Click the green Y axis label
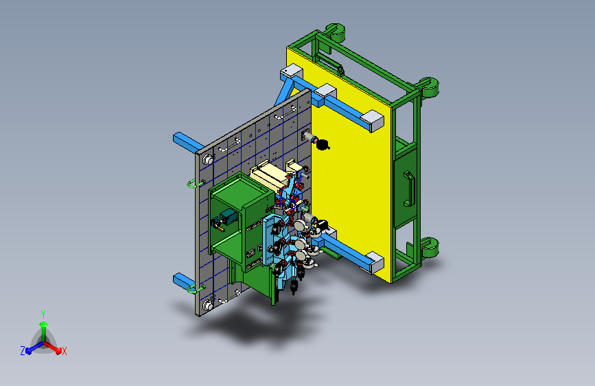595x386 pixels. pos(43,315)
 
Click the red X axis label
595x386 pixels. pos(64,352)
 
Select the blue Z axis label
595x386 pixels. pos(23,351)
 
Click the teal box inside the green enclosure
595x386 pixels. pos(229,217)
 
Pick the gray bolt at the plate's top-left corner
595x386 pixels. pos(208,159)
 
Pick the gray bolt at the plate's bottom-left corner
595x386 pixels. pos(207,305)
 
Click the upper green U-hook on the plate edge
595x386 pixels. pos(196,184)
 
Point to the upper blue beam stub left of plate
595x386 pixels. pos(188,142)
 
